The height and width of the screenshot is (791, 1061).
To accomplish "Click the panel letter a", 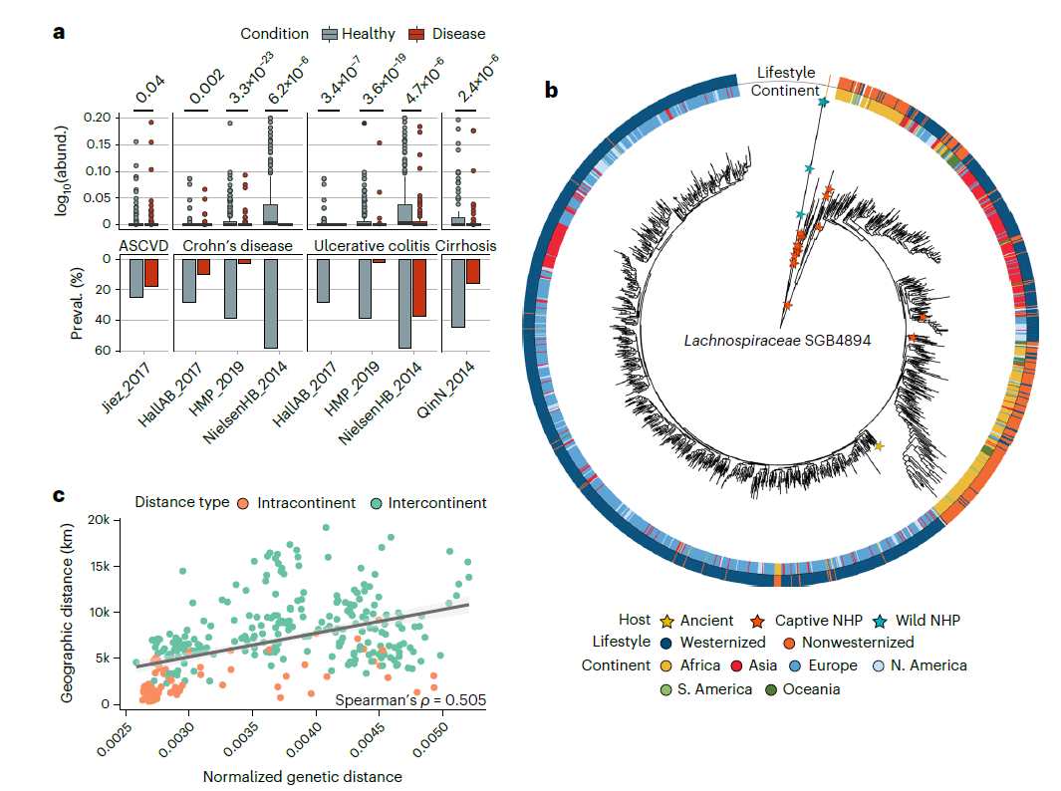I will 59,32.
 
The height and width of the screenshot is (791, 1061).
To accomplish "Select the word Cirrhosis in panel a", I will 465,245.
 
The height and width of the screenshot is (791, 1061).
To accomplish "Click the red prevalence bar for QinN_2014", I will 473,271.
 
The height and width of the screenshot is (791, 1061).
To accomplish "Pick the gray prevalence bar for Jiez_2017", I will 136,277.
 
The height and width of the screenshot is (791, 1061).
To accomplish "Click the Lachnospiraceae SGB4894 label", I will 777,340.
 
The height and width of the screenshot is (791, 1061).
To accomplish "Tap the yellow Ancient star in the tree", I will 878,446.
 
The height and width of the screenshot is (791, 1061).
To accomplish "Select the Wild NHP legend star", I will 883,620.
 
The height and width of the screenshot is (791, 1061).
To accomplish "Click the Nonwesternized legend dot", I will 788,643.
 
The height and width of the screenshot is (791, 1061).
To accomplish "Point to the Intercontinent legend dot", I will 376,503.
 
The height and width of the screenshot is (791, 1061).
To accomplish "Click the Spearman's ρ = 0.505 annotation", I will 409,700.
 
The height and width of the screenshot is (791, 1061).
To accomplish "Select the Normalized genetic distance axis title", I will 303,776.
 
